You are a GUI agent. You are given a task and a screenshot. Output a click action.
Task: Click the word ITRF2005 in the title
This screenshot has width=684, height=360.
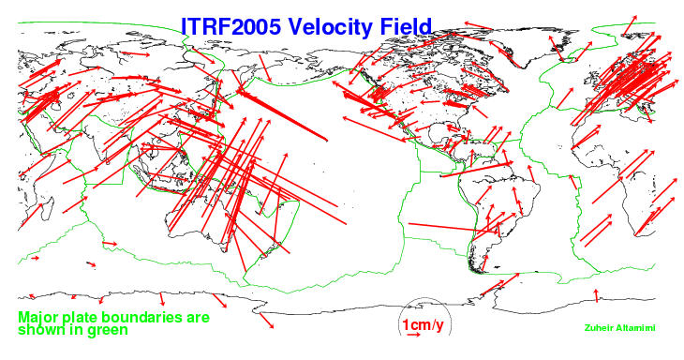(x=230, y=26)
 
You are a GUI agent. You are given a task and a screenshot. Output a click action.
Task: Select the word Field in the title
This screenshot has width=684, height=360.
(x=406, y=26)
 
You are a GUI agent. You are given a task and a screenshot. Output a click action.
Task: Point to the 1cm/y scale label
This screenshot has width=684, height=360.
(x=423, y=325)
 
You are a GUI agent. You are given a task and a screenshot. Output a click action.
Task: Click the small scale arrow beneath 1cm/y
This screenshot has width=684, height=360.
(x=413, y=335)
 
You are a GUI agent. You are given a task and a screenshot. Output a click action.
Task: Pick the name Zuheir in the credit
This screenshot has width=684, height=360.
(x=599, y=328)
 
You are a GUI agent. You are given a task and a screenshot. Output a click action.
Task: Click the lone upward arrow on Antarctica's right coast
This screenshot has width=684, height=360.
(x=596, y=295)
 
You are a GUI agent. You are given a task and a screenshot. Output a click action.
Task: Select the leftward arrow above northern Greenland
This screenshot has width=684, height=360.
(x=478, y=25)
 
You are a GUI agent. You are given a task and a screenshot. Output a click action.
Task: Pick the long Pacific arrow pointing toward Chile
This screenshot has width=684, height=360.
(x=454, y=228)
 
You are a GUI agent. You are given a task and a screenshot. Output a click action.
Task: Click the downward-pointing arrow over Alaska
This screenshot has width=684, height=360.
(x=265, y=68)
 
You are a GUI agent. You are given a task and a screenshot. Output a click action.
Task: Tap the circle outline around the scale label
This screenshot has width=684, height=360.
(x=424, y=299)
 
